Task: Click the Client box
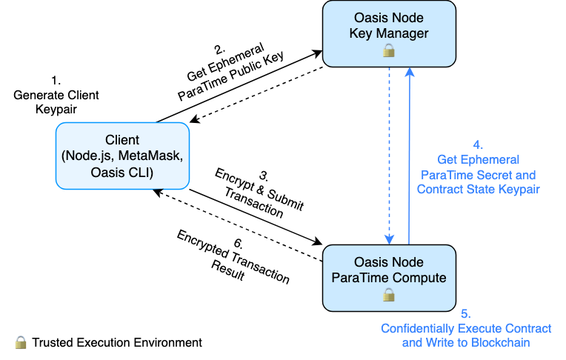[122, 156]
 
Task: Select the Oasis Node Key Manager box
[389, 34]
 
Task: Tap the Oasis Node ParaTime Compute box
[389, 278]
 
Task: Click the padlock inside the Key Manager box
[389, 50]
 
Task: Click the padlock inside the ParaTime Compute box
[389, 295]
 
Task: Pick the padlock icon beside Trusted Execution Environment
[21, 342]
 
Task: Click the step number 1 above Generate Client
[56, 81]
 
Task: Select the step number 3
[264, 176]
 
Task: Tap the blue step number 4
[478, 144]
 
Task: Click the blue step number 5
[466, 313]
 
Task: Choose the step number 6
[239, 244]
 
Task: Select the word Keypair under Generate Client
[56, 109]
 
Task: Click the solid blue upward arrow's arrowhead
[410, 72]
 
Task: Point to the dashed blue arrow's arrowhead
[389, 239]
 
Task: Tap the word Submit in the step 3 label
[285, 199]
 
